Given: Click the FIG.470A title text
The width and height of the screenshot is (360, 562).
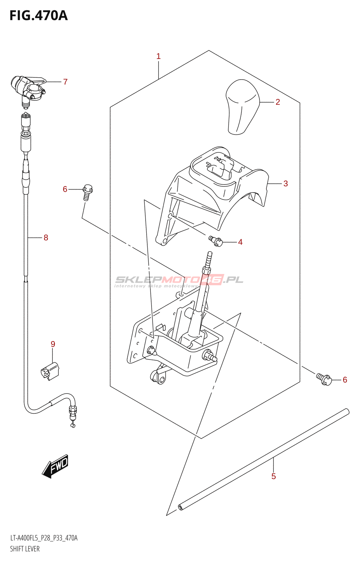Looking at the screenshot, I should [38, 15].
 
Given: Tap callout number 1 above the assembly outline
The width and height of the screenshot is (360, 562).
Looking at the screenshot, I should [159, 56].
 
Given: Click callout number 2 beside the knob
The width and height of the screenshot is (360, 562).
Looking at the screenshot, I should [278, 102].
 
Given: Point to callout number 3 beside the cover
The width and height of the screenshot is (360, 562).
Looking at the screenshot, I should [285, 184].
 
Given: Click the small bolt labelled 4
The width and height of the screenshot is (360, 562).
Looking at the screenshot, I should [216, 241].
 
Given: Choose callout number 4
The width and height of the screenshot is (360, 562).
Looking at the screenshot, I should [240, 242].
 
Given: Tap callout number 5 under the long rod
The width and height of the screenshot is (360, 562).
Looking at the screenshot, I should [274, 477].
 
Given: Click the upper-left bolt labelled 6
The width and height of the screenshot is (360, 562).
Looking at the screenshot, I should [87, 192].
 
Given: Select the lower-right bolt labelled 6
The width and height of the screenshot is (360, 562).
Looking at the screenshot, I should [324, 379].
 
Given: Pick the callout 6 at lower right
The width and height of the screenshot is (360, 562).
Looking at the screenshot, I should [345, 380].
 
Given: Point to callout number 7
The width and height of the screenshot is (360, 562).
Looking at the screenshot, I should [65, 82].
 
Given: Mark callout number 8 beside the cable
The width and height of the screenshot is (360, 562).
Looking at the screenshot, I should [46, 238].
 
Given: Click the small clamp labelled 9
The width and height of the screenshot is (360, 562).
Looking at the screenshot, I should [50, 371].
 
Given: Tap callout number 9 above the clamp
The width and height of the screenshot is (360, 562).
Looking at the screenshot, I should [53, 344].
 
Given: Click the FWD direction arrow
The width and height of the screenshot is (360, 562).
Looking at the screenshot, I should [55, 466].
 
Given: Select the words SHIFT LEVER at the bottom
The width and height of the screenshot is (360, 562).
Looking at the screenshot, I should [25, 549].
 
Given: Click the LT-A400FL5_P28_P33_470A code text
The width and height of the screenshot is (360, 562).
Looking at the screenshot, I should [44, 538].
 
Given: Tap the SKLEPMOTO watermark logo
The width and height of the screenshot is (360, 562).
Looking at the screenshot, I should [179, 280].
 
